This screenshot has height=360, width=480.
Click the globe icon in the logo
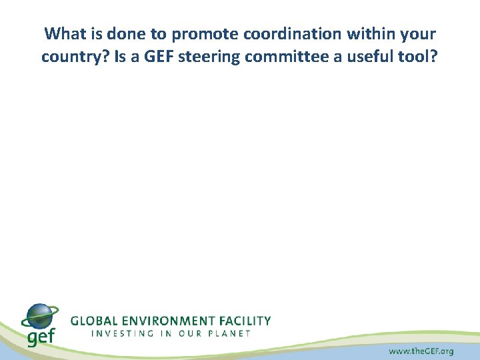tap(39, 316)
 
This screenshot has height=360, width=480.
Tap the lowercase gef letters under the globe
tap(41, 337)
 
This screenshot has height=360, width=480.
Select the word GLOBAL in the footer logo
tap(94, 321)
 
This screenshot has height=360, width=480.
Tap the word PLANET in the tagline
tap(228, 333)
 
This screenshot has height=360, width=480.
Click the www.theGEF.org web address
tap(421, 351)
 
